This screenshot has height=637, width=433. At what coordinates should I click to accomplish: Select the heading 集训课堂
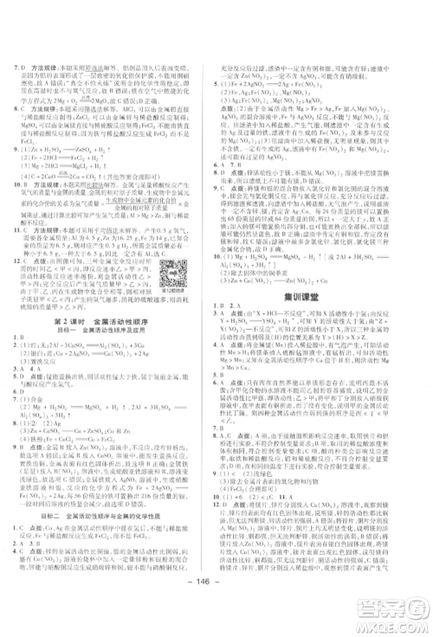(322, 319)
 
